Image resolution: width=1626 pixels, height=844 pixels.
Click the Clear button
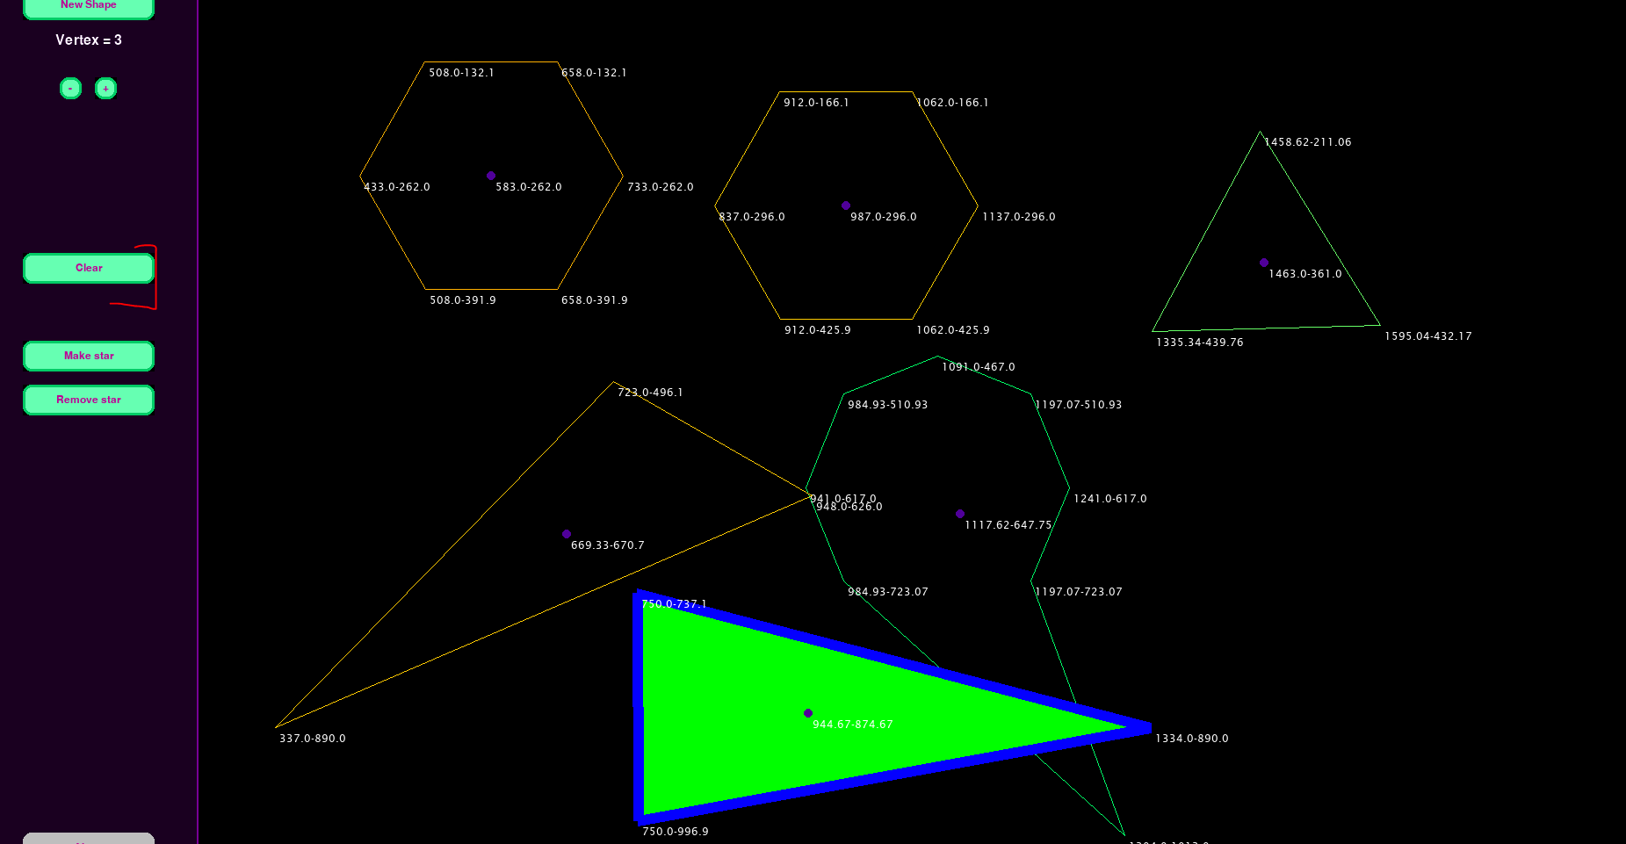click(89, 268)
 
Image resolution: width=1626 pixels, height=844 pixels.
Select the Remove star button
click(89, 400)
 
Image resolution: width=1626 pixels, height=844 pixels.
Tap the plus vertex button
click(105, 89)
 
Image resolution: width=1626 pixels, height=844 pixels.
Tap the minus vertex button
click(70, 89)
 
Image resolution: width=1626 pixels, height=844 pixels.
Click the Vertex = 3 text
click(89, 40)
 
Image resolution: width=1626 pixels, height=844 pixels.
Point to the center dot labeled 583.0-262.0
click(491, 176)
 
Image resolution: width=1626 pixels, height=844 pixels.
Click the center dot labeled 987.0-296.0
click(846, 206)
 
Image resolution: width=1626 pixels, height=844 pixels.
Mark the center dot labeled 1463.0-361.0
click(1264, 263)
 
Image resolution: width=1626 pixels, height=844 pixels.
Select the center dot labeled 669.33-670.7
click(567, 534)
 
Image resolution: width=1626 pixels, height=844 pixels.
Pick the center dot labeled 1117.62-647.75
click(960, 514)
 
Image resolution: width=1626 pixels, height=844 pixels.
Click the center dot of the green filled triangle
click(808, 713)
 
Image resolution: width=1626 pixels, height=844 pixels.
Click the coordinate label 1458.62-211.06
click(1308, 142)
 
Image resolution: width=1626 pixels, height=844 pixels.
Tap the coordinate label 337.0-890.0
click(313, 739)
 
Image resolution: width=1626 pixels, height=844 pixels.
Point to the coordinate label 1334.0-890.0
click(1192, 739)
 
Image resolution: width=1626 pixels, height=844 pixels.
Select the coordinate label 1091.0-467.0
click(979, 367)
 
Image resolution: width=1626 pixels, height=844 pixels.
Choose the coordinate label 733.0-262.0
click(661, 187)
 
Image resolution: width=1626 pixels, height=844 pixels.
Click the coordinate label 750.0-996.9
click(676, 832)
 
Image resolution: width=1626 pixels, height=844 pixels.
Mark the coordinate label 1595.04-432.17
click(1428, 336)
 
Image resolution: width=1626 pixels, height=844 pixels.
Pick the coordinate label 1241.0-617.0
click(1110, 499)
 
